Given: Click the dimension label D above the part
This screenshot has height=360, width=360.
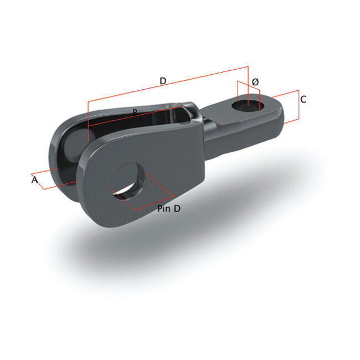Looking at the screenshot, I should point(163,81).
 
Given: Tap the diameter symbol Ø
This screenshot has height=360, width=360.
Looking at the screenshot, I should point(255,82).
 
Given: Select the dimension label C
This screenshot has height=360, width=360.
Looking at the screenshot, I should point(303,100).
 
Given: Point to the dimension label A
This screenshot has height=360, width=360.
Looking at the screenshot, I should point(34,180).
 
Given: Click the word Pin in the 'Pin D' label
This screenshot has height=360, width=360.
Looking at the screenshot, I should point(163,209).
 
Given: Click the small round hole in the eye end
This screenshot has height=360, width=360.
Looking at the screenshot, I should point(248,104).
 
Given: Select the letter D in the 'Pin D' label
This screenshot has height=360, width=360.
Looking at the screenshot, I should point(177,209).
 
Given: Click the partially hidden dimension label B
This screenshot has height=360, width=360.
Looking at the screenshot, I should point(135,112).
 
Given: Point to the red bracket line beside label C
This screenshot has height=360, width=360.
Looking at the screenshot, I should point(299,105).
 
